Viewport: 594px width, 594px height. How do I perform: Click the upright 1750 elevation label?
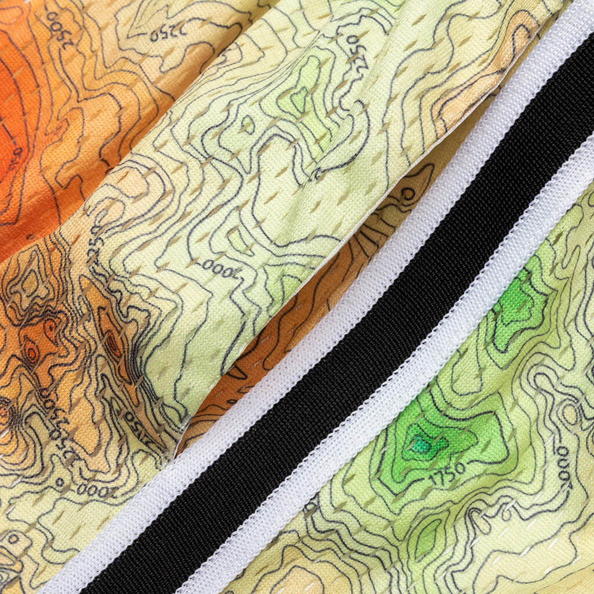tap(448, 471)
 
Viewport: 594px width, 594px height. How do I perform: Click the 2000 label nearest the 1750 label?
tap(563, 464)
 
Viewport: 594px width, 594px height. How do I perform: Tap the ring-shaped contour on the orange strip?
tap(408, 194)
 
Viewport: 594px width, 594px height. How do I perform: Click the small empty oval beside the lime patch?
tap(248, 123)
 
